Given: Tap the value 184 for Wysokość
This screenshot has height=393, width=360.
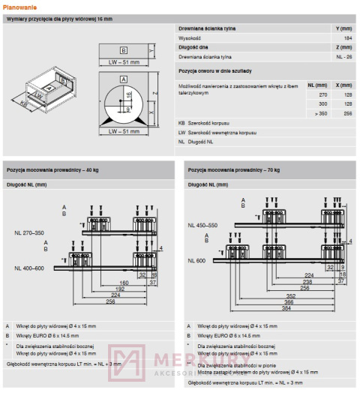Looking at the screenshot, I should click(x=347, y=37).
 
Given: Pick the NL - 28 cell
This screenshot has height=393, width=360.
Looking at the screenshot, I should click(x=343, y=57).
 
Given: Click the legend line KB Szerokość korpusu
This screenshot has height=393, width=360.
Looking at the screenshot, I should click(x=204, y=122).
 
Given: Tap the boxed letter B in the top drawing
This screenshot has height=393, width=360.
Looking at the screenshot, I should click(x=124, y=49).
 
